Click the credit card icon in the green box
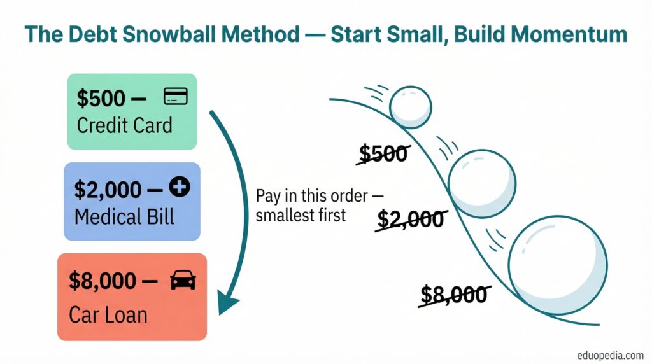176,96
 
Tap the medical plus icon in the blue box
179,187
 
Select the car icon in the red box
183,280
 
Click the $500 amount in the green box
101,99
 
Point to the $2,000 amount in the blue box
108,190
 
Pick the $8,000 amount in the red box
103,281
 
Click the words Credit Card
124,125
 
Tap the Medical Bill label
124,217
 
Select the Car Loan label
108,314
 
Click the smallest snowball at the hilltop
411,107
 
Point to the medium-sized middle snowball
482,184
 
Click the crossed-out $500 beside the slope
383,153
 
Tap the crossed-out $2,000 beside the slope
411,219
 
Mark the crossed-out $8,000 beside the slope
454,295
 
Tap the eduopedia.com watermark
610,356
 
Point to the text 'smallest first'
301,215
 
